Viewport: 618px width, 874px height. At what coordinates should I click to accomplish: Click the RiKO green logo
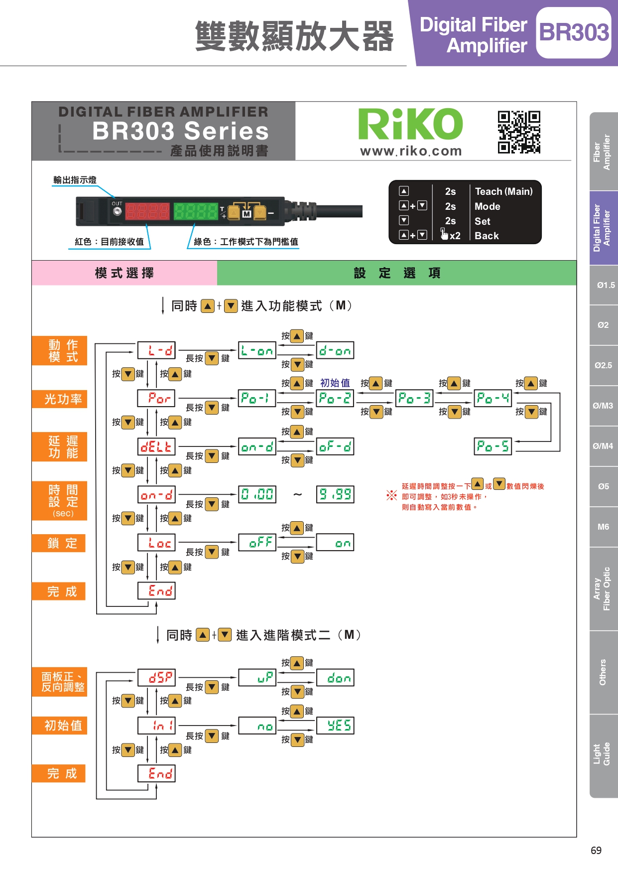(410, 124)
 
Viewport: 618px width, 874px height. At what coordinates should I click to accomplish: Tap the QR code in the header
(519, 132)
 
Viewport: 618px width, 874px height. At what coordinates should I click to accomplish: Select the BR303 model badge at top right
(574, 33)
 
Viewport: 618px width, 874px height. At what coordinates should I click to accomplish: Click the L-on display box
(257, 350)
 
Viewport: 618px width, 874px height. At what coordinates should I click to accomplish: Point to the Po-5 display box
(493, 446)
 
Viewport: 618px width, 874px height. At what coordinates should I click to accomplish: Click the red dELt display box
(156, 446)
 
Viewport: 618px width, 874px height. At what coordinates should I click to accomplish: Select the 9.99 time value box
(335, 494)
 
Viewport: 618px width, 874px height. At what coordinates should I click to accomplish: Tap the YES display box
(339, 726)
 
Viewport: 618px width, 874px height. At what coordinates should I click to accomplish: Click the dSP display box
(156, 677)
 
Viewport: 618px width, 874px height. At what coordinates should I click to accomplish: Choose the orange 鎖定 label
(59, 543)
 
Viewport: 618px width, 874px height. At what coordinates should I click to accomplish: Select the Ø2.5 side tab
(603, 365)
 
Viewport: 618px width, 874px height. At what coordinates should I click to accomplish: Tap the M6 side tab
(603, 527)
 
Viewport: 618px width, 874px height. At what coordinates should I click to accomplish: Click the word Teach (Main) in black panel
(503, 191)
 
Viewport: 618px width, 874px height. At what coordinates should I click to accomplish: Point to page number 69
(596, 851)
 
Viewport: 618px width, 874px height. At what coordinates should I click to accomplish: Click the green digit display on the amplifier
(196, 211)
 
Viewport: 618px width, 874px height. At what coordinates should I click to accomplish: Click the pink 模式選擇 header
(124, 273)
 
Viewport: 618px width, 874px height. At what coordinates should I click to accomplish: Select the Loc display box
(156, 543)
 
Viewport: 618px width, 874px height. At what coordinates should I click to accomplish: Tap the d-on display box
(335, 350)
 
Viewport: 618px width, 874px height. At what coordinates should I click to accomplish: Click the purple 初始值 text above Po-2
(335, 383)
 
